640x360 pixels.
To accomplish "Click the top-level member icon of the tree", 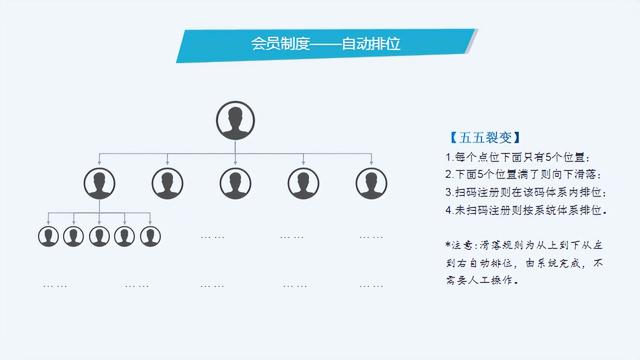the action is (x=235, y=121).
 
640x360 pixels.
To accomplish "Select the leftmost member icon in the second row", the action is (x=99, y=183).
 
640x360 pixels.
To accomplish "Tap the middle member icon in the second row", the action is (x=235, y=183).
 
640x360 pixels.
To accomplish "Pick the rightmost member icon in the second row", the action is (x=371, y=183).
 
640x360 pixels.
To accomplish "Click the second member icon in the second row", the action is (x=167, y=183).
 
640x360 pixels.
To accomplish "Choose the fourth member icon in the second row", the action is (x=303, y=183).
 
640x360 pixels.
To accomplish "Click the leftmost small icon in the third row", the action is (x=48, y=236).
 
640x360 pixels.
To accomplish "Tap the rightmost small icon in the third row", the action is (x=150, y=236).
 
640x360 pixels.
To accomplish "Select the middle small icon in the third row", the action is (x=99, y=236).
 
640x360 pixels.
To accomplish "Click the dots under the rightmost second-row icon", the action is (x=370, y=237).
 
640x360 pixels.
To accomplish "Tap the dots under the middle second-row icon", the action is (x=212, y=237).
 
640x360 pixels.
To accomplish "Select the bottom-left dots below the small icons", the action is (x=55, y=286).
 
